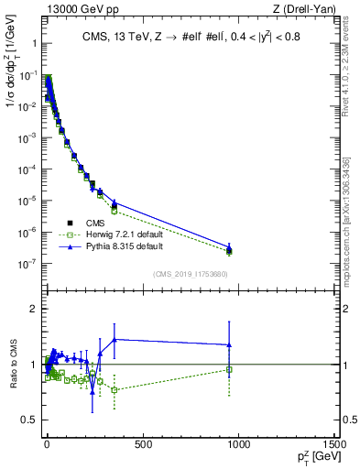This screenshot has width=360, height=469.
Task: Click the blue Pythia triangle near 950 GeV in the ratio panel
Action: pos(229,344)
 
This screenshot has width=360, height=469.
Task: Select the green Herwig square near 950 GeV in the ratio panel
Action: pos(229,369)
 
